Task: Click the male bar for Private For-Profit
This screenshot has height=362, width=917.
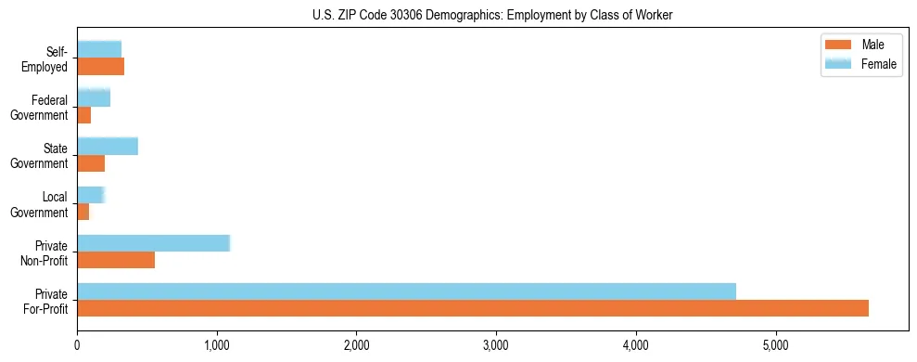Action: (473, 308)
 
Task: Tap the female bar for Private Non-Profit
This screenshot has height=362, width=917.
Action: (153, 243)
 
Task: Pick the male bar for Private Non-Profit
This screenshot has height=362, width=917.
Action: (116, 260)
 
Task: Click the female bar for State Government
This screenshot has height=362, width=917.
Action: (108, 146)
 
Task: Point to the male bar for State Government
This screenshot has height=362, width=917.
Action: (91, 163)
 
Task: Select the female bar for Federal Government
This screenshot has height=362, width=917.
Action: (94, 97)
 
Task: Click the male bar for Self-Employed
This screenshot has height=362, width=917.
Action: (100, 67)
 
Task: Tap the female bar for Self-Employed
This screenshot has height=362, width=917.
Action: (99, 49)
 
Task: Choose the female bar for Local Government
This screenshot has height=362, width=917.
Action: (91, 194)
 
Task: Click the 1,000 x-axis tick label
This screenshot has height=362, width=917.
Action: (216, 346)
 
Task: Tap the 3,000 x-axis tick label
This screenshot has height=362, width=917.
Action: (496, 346)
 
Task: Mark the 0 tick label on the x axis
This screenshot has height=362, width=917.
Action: (77, 346)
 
